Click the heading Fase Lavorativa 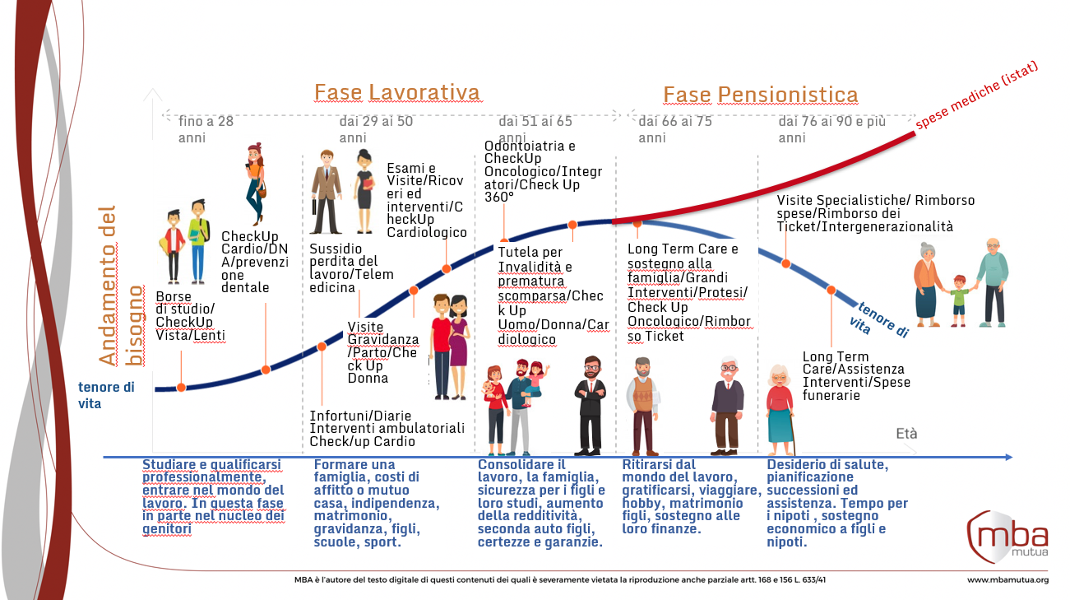[396, 91]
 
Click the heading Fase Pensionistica [760, 95]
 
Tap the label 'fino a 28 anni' [206, 129]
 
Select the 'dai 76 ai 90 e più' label [831, 129]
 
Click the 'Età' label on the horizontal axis [906, 434]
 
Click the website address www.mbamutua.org [1007, 579]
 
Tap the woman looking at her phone [255, 184]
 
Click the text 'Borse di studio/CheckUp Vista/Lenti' [189, 316]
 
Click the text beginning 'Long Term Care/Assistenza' [852, 376]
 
